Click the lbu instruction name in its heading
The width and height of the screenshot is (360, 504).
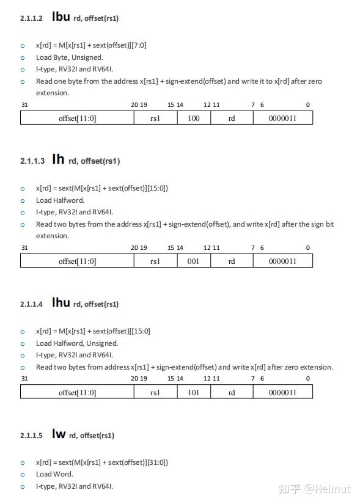point(61,16)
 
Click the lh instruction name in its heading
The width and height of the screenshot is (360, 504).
point(58,159)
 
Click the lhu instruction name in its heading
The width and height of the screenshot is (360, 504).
point(61,302)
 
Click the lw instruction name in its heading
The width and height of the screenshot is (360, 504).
point(59,434)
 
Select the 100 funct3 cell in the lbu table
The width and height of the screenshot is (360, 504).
point(194,118)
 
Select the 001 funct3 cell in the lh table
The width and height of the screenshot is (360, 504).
point(194,261)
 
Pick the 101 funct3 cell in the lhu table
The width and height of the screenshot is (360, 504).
point(194,392)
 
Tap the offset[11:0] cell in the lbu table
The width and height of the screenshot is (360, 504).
point(77,118)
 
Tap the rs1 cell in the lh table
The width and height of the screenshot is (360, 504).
point(155,261)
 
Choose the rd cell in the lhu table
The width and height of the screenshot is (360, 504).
point(232,392)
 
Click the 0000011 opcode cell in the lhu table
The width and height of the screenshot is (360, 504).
point(282,392)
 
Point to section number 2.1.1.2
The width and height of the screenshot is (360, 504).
point(31,18)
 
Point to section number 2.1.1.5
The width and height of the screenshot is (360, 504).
point(31,436)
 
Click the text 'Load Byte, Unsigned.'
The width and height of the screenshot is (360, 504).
point(70,57)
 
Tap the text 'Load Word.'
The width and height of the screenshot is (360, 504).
point(54,474)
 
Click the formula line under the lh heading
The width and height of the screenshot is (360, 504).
point(102,188)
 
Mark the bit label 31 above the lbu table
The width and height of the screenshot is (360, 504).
point(24,105)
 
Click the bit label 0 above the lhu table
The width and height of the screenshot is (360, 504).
point(308,379)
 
